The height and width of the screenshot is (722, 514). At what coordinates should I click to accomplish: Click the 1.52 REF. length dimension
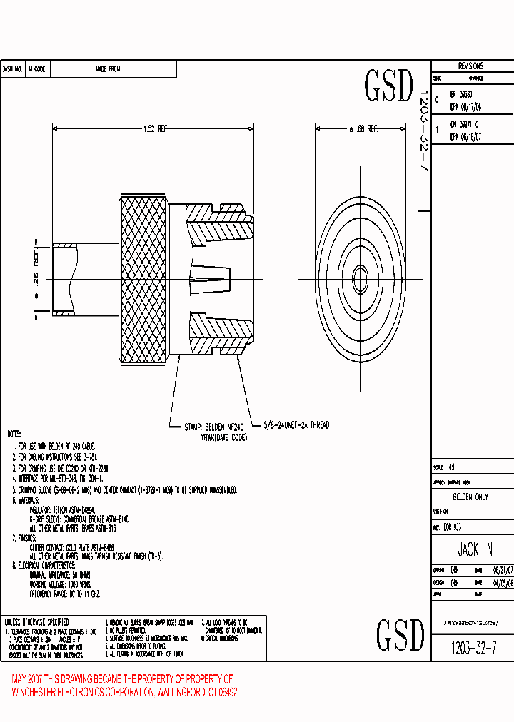tap(154, 129)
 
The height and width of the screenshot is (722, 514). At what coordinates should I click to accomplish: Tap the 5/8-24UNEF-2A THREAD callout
tap(296, 424)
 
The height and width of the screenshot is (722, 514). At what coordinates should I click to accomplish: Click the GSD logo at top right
tap(389, 86)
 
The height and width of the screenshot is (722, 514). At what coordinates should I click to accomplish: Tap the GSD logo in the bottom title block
tap(400, 634)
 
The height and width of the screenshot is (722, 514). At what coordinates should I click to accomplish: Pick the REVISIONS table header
tap(470, 66)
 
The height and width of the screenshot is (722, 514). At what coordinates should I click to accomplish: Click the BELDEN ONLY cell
tap(471, 497)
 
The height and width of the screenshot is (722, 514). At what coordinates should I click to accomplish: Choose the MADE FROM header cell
tap(108, 69)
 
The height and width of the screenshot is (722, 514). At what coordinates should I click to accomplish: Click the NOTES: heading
tap(14, 434)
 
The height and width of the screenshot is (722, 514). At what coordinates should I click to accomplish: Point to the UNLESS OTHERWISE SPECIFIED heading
tap(36, 621)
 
